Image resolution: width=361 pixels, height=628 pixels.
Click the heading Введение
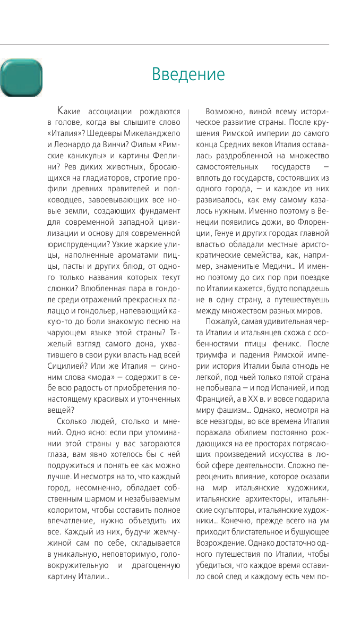pos(188,74)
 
